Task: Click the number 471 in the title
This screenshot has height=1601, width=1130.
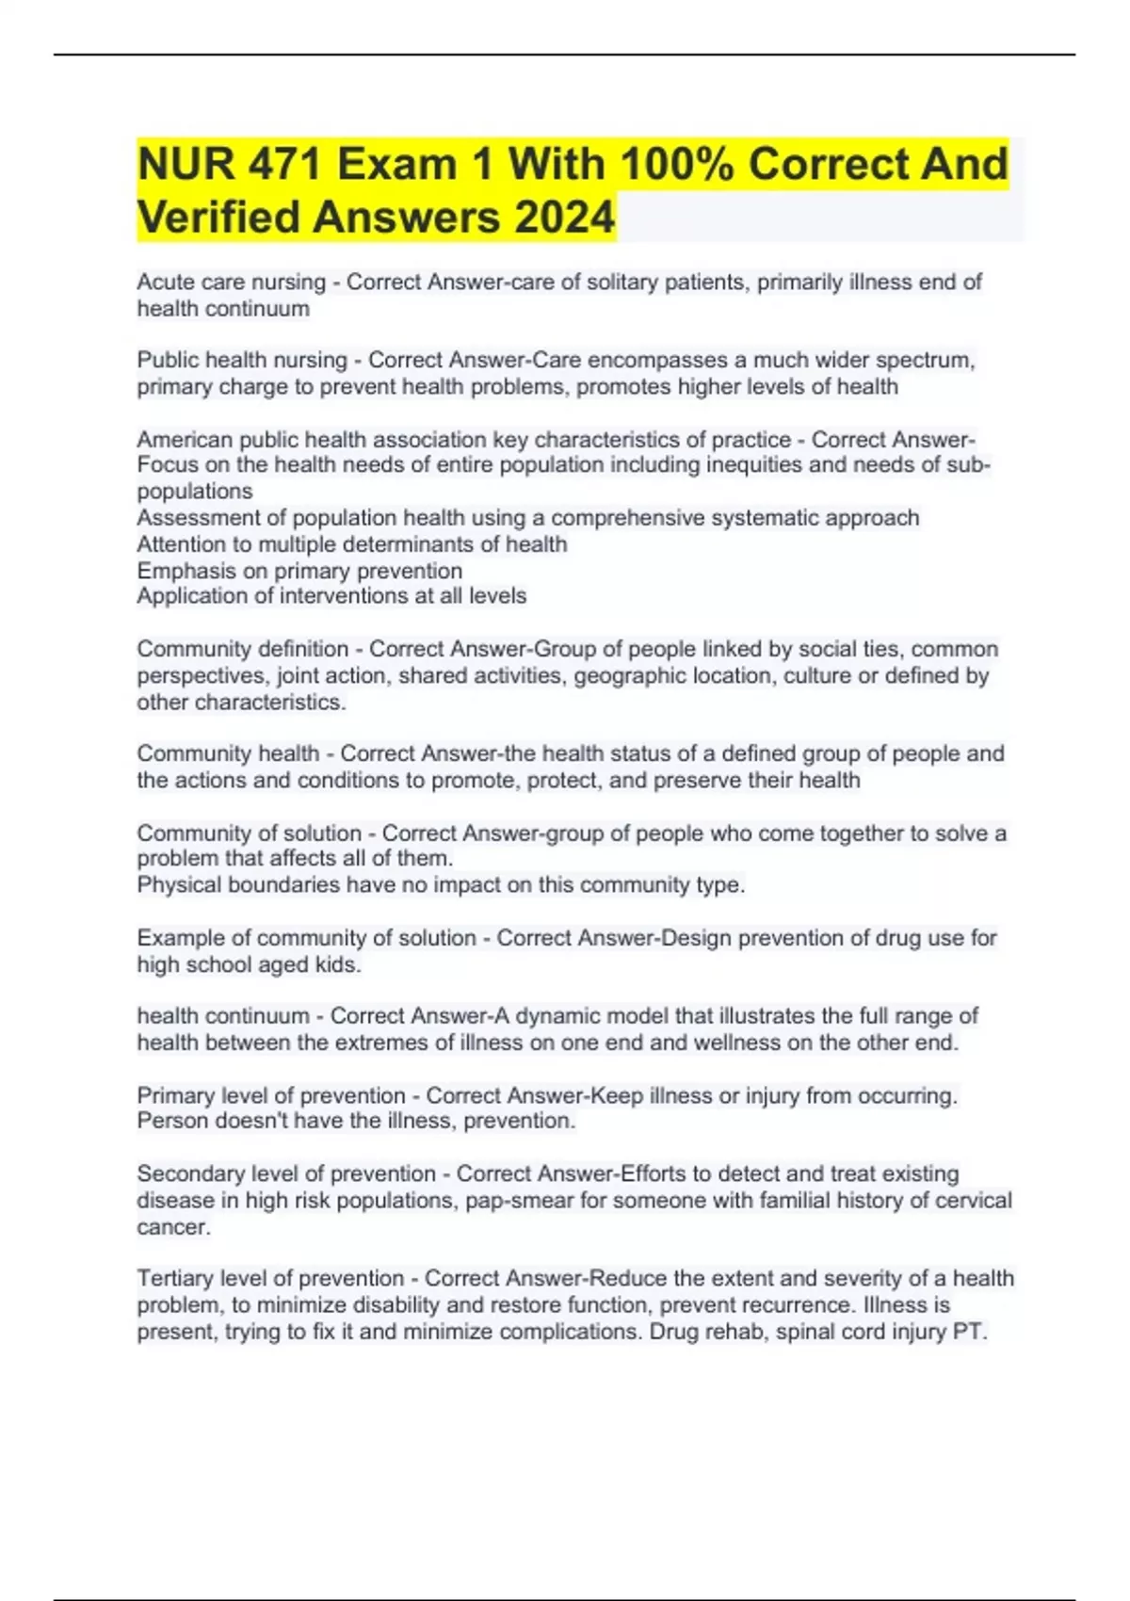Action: (x=282, y=165)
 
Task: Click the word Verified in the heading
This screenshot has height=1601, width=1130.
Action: (x=218, y=218)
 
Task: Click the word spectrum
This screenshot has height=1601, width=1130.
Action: (x=925, y=361)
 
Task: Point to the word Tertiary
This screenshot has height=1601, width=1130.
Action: (x=175, y=1279)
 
